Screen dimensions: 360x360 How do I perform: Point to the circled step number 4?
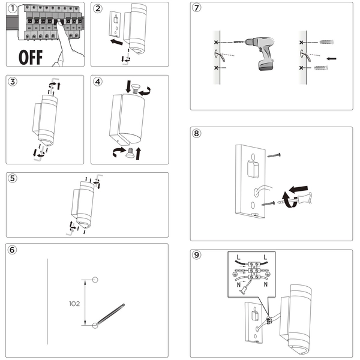[98, 82]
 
